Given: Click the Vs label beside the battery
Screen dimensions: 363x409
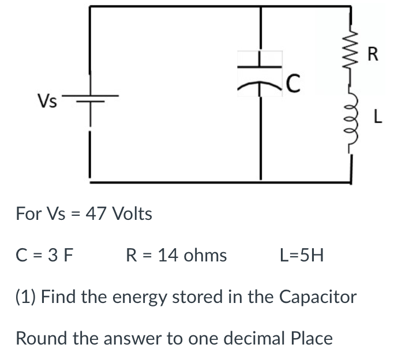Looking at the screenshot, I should click(x=47, y=102).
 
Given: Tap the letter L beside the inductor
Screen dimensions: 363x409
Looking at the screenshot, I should click(x=377, y=118).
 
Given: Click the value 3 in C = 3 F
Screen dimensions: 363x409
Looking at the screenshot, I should click(x=50, y=255).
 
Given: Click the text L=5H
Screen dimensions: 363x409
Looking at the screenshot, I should click(x=302, y=255).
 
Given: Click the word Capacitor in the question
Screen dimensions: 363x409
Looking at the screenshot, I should click(x=318, y=297).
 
